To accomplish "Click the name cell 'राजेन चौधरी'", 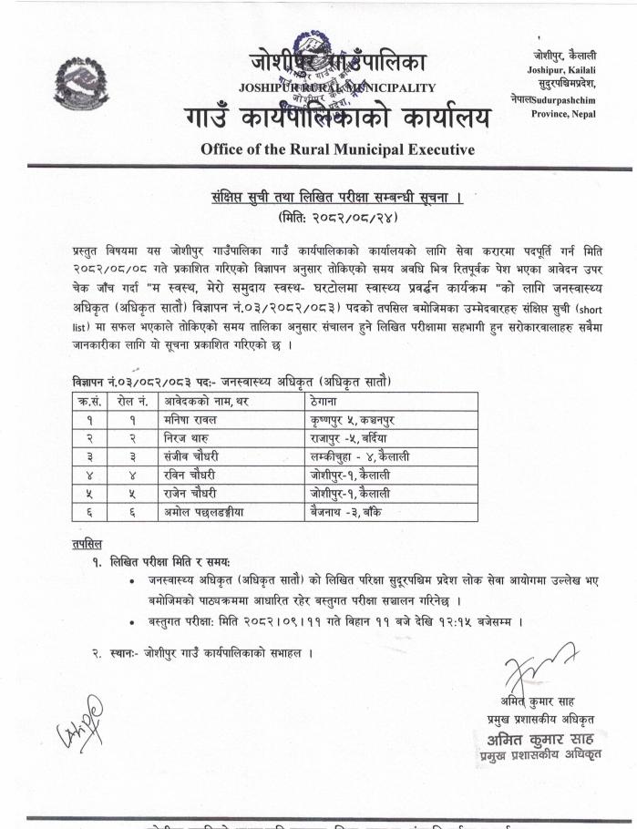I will (x=191, y=492).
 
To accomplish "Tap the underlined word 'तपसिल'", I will (x=87, y=544).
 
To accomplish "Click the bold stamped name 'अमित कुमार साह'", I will (x=541, y=740).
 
